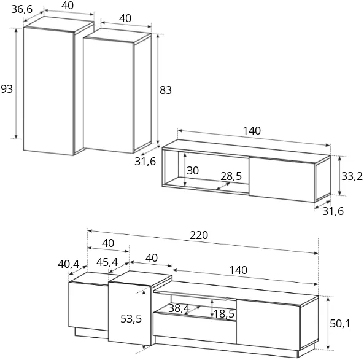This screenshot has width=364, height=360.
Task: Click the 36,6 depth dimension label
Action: point(22,9)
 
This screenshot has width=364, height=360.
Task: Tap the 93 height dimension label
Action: point(7,89)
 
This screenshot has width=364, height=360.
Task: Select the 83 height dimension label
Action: point(166,90)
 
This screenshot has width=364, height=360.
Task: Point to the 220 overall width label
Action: point(199,235)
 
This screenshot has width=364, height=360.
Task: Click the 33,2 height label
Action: point(352,176)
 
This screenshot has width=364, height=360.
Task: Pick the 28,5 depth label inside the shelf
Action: point(231,176)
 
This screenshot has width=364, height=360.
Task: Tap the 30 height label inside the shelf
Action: point(193,171)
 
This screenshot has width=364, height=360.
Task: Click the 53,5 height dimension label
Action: point(131,319)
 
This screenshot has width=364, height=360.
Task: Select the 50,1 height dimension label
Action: point(340,324)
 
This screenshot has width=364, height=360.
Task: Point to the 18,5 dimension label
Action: point(224,314)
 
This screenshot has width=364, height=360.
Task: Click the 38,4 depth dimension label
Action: point(179,308)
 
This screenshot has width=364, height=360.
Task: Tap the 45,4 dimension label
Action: point(107,262)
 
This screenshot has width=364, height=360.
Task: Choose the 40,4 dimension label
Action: point(69,264)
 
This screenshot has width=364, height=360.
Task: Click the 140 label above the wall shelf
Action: point(252,131)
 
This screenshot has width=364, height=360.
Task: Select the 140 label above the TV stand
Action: point(238,270)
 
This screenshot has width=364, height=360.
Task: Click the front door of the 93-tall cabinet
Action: point(48,91)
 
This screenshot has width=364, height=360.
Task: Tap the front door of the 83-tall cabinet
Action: point(108,95)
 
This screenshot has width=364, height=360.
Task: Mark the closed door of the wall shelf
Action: point(282,179)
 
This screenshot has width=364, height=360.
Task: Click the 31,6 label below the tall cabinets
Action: point(145,162)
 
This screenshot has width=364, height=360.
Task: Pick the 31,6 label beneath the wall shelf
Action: point(333,211)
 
